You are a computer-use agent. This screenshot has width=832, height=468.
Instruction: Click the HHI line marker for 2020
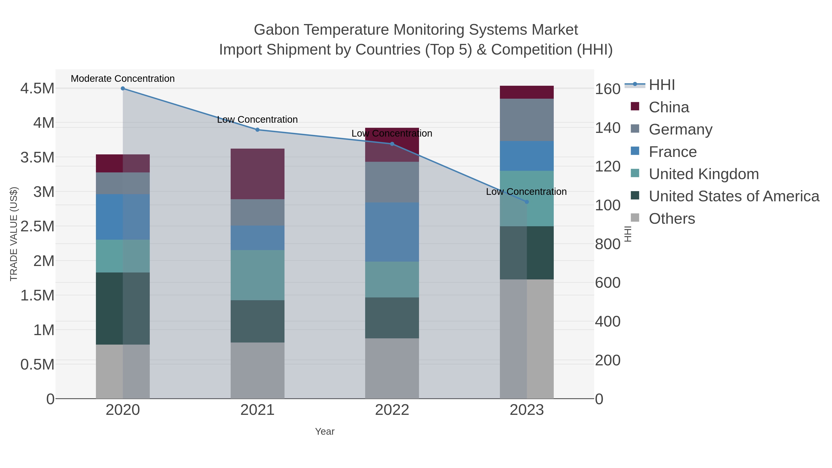click(x=123, y=89)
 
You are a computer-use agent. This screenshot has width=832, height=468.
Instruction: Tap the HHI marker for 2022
click(x=392, y=144)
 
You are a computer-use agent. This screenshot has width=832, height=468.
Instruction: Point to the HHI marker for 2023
click(x=527, y=202)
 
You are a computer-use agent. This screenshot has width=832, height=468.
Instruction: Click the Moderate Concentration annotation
click(x=123, y=79)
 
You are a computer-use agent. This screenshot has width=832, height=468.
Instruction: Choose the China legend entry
click(x=669, y=107)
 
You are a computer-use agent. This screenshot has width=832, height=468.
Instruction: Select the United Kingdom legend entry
click(x=704, y=174)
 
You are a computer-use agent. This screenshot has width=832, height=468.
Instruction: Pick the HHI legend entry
click(x=661, y=85)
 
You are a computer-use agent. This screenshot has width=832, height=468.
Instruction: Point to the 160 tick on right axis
click(x=608, y=89)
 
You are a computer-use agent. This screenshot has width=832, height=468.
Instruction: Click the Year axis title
click(x=325, y=431)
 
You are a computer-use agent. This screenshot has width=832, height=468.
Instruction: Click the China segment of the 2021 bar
click(x=257, y=174)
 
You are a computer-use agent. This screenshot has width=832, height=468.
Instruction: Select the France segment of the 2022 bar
click(x=392, y=232)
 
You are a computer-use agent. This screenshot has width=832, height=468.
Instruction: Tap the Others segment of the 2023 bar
click(x=527, y=339)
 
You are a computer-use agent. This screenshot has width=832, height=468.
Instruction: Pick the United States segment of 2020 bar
click(x=123, y=309)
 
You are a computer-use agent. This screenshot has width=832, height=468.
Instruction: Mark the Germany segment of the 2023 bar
click(x=527, y=120)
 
